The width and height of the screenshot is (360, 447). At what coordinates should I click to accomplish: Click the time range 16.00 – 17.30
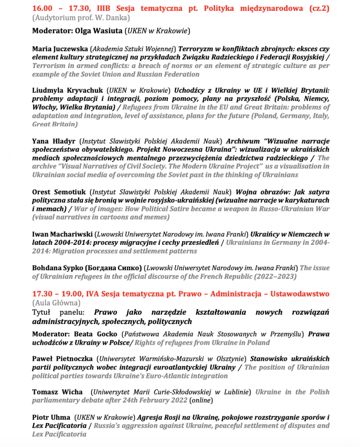tap(59, 9)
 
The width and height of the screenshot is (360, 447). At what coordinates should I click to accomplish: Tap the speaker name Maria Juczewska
tap(60, 49)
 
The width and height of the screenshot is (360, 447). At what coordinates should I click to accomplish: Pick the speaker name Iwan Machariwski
tap(62, 234)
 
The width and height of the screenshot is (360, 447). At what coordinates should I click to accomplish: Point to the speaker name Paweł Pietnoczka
tap(63, 359)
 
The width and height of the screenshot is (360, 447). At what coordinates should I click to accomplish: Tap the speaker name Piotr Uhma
tap(51, 417)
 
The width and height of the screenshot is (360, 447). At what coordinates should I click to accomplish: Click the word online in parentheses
tap(201, 400)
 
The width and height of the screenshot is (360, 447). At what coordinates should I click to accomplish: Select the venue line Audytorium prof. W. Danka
tap(81, 18)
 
